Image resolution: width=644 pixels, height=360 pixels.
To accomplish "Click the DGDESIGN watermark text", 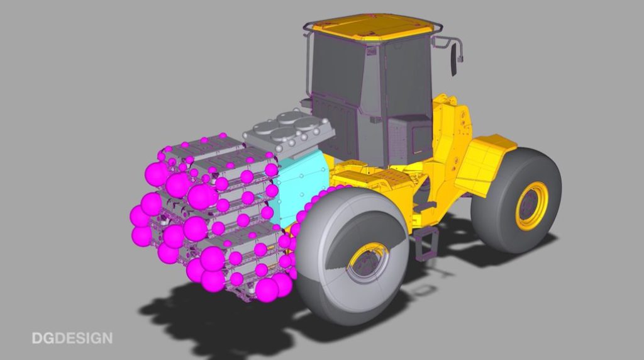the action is [72, 338].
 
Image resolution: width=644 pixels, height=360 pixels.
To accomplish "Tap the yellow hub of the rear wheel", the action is [532, 205].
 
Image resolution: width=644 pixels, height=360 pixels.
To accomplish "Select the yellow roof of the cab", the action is [372, 27].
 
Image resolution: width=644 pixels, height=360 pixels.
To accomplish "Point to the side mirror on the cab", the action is [454, 60].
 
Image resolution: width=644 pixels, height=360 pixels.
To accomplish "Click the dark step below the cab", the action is [426, 244].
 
